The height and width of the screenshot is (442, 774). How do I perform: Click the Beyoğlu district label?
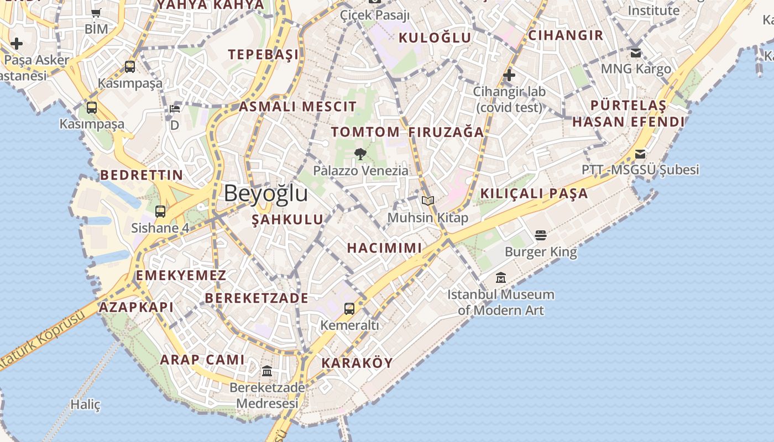pyautogui.click(x=266, y=194)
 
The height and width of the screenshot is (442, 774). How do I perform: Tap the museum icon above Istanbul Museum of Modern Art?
pyautogui.click(x=501, y=277)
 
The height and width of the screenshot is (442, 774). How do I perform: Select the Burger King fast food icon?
pyautogui.click(x=541, y=236)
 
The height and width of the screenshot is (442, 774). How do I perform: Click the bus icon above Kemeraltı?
pyautogui.click(x=349, y=308)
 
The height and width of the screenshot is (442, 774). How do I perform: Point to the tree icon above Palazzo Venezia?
pyautogui.click(x=360, y=154)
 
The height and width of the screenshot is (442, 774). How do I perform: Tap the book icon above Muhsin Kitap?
pyautogui.click(x=427, y=201)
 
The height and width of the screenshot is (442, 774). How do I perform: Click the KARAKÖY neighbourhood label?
pyautogui.click(x=357, y=363)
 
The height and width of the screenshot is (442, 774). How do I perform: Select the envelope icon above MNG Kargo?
pyautogui.click(x=636, y=53)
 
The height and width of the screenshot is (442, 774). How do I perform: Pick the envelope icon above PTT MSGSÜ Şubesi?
pyautogui.click(x=640, y=154)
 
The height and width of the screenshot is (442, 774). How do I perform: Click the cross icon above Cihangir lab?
pyautogui.click(x=509, y=75)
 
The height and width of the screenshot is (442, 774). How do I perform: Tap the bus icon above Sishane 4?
pyautogui.click(x=160, y=211)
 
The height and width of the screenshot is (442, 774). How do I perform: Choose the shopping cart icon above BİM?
pyautogui.click(x=96, y=13)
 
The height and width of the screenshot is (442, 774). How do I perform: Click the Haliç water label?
pyautogui.click(x=86, y=405)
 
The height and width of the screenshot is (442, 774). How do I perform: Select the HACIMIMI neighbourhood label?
pyautogui.click(x=384, y=248)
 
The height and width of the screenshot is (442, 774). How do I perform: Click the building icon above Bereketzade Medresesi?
pyautogui.click(x=267, y=371)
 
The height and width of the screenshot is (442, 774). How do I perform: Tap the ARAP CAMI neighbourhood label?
pyautogui.click(x=202, y=360)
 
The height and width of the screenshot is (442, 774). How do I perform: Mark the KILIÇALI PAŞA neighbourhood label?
pyautogui.click(x=534, y=194)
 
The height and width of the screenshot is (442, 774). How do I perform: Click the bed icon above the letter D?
pyautogui.click(x=175, y=109)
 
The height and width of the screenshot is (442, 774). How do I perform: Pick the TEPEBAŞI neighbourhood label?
pyautogui.click(x=264, y=54)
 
